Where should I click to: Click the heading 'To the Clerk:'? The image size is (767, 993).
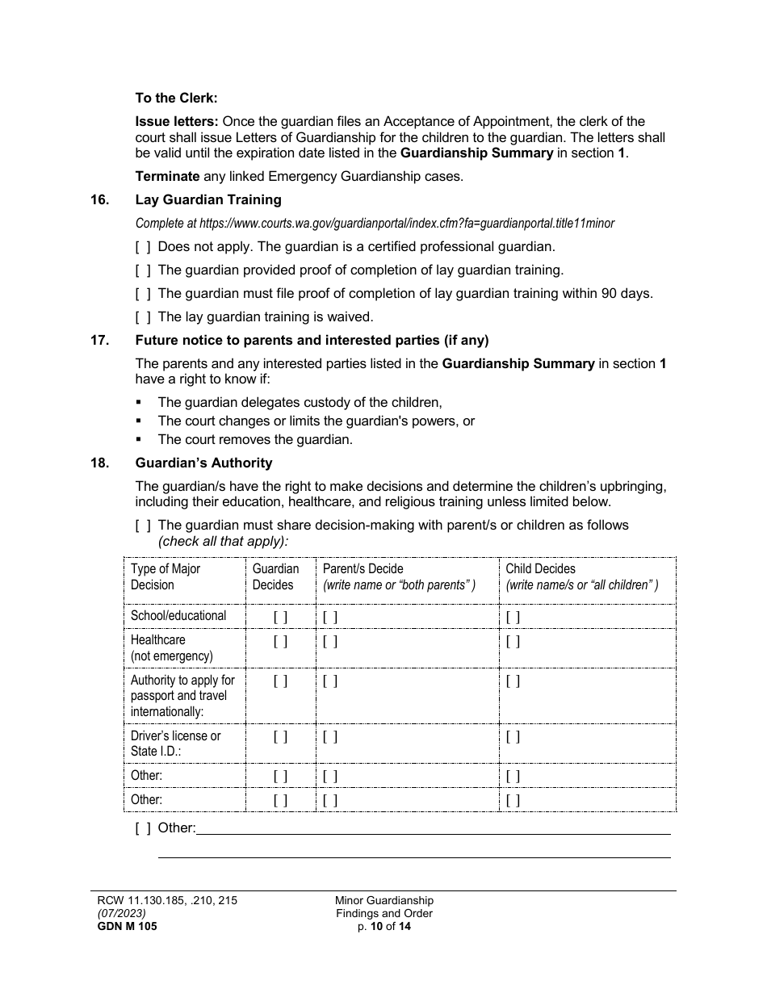(x=176, y=98)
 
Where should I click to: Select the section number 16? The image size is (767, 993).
(x=99, y=199)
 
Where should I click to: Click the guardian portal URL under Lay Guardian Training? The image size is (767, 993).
(x=375, y=223)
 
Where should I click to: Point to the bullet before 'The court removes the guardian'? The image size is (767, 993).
(x=139, y=440)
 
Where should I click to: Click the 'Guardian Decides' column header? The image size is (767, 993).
(x=275, y=576)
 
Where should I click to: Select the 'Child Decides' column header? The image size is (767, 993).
(x=540, y=569)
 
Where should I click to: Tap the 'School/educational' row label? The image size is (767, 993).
(x=178, y=616)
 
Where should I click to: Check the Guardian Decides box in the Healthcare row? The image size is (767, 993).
(x=280, y=642)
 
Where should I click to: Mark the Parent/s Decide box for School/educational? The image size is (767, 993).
(x=330, y=618)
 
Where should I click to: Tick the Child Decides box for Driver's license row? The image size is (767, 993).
(x=513, y=737)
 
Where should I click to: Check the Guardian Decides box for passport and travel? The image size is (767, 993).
(x=280, y=681)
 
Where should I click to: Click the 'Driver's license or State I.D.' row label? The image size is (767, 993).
(x=176, y=744)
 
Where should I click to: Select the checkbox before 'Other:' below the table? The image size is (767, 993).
(x=143, y=828)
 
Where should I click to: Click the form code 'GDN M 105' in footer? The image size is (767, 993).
(x=124, y=927)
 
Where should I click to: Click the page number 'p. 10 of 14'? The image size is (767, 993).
(x=384, y=927)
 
